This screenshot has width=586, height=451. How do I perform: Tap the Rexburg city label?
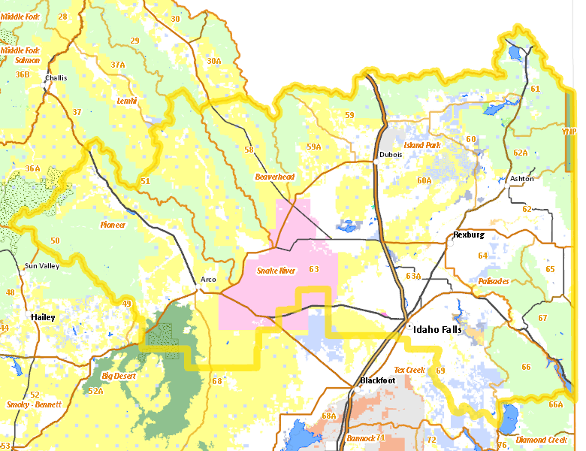point(469,235)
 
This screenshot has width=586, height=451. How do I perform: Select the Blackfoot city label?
point(377,380)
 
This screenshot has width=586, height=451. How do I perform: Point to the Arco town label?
point(208,280)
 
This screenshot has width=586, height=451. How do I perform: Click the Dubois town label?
point(391,154)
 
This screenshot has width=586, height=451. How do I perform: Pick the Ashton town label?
point(521,178)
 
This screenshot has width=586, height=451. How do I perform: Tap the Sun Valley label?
point(41,266)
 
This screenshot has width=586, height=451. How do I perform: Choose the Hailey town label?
point(43,317)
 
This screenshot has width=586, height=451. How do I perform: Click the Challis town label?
point(56,77)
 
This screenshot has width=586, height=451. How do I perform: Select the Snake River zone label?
point(276,271)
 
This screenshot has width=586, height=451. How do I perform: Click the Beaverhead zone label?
point(274,177)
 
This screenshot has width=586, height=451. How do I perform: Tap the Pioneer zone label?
point(113,225)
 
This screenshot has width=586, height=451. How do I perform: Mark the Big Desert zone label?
point(117,375)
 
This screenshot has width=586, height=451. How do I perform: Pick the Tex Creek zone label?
point(409,370)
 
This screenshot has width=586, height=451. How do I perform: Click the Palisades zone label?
point(494,281)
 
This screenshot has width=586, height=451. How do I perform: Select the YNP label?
point(569,132)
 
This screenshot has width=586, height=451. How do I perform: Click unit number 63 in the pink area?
point(313,269)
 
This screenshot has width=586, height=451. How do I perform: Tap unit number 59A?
point(313,147)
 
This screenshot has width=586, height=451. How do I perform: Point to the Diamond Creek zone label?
point(542,440)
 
